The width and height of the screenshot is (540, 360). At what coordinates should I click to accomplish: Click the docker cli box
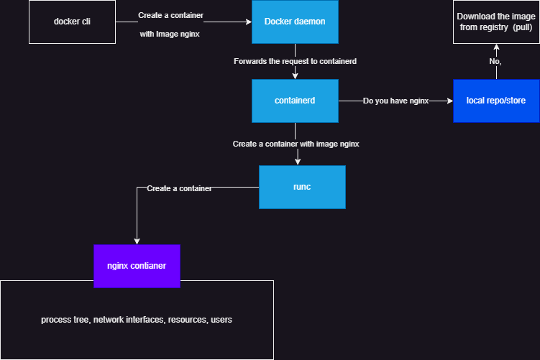click(72, 22)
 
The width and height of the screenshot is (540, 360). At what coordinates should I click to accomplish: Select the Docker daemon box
click(295, 22)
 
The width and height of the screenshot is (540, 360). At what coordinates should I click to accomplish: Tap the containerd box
click(295, 101)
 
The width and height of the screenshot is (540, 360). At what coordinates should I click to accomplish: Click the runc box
click(302, 187)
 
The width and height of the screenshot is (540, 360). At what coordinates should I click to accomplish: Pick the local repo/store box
click(496, 101)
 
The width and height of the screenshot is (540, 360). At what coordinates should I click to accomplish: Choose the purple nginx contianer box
click(137, 266)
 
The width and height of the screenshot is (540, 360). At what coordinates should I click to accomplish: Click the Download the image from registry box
click(496, 22)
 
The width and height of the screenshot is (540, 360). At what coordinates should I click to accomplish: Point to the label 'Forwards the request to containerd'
click(295, 61)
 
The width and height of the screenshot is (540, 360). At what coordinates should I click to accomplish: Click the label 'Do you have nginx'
click(395, 101)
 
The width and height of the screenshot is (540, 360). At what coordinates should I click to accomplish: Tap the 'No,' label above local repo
click(495, 63)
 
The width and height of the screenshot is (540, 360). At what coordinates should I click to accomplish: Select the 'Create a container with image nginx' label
click(296, 144)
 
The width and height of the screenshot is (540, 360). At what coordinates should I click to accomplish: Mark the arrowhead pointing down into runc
click(298, 162)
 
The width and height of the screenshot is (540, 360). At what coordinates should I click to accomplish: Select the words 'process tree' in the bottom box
click(65, 319)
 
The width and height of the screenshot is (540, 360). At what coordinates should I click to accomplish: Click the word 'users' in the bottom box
click(221, 319)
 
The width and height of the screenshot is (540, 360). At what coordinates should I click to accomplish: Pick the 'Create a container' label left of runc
click(179, 188)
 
